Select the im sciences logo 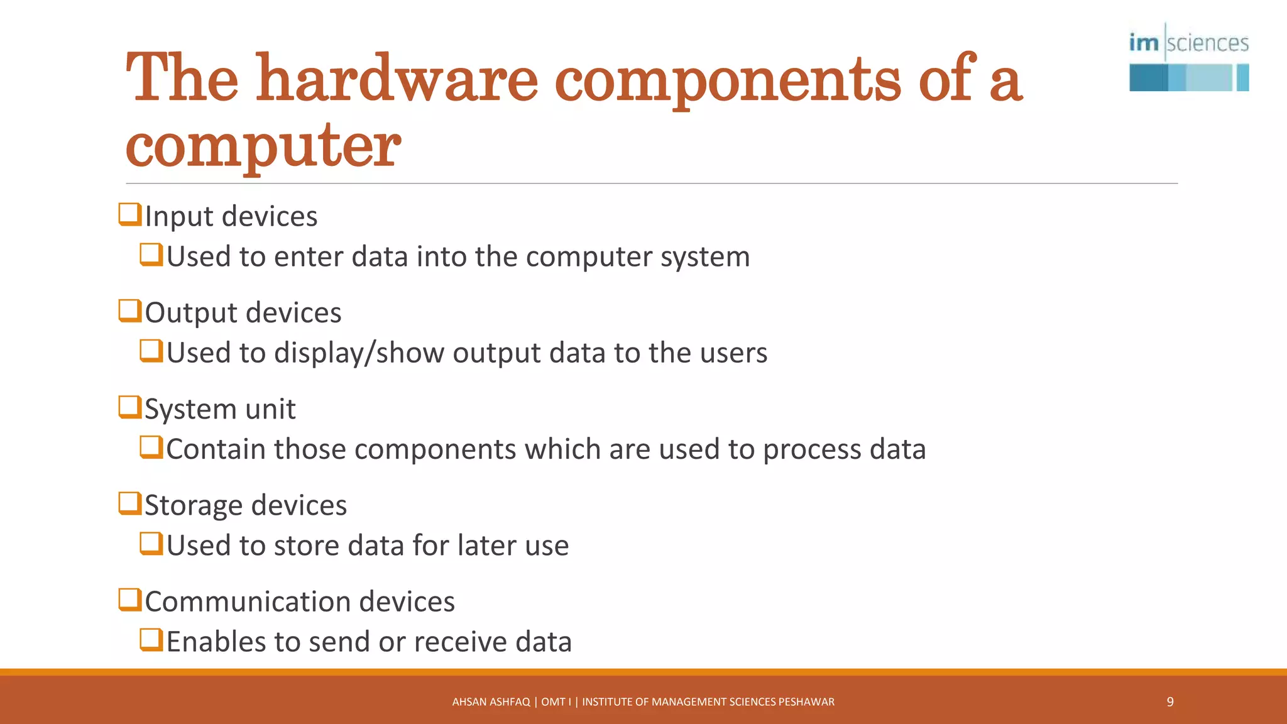click(1188, 58)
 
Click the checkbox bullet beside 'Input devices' click(129, 214)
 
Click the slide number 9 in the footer click(1170, 702)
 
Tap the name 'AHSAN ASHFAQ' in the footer click(491, 702)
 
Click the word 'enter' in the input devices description click(309, 257)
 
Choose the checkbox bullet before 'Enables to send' click(151, 640)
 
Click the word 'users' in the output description click(733, 353)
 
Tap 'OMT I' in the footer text click(556, 702)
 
